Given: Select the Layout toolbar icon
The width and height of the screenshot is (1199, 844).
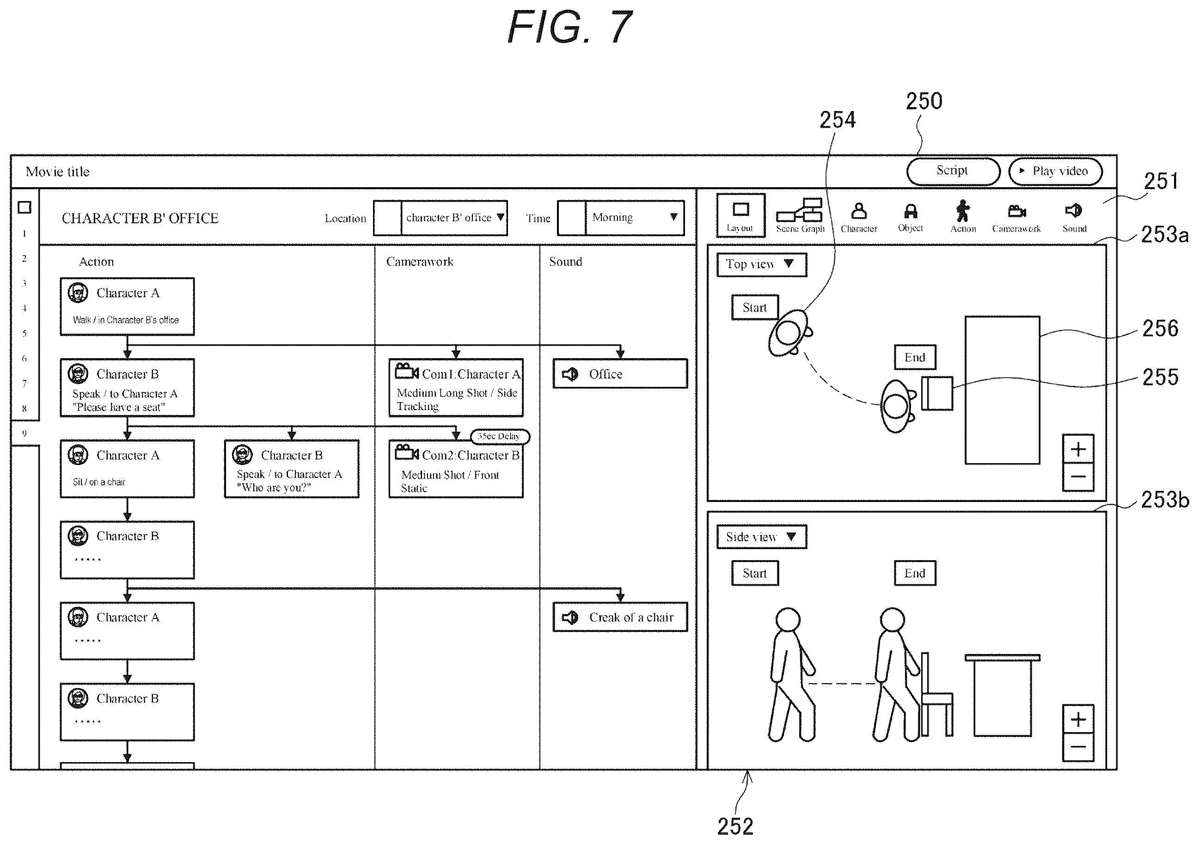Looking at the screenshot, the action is (x=740, y=215).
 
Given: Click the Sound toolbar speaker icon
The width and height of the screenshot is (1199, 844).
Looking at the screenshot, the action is (x=1073, y=210).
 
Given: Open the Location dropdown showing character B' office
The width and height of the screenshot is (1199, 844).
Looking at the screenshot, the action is (x=440, y=218).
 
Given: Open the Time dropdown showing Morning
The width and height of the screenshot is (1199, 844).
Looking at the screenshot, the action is (x=621, y=218).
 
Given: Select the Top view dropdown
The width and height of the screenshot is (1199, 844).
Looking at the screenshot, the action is (x=761, y=265).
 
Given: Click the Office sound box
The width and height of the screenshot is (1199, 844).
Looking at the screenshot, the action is (x=620, y=374).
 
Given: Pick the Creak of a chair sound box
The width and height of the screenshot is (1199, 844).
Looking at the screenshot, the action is (x=620, y=618).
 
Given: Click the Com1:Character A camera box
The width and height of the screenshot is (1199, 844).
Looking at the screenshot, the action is (x=456, y=387).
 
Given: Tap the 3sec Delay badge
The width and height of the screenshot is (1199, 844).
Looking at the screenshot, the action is (x=500, y=437).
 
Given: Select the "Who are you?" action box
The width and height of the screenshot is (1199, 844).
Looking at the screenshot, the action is (x=291, y=469).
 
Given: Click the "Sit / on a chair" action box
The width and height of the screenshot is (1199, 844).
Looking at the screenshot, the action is (x=128, y=469).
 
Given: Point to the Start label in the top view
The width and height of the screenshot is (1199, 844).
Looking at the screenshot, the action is (x=755, y=308).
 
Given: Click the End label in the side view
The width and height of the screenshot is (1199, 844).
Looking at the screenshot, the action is (x=915, y=574).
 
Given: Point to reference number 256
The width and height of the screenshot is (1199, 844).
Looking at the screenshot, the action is (x=1160, y=329).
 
